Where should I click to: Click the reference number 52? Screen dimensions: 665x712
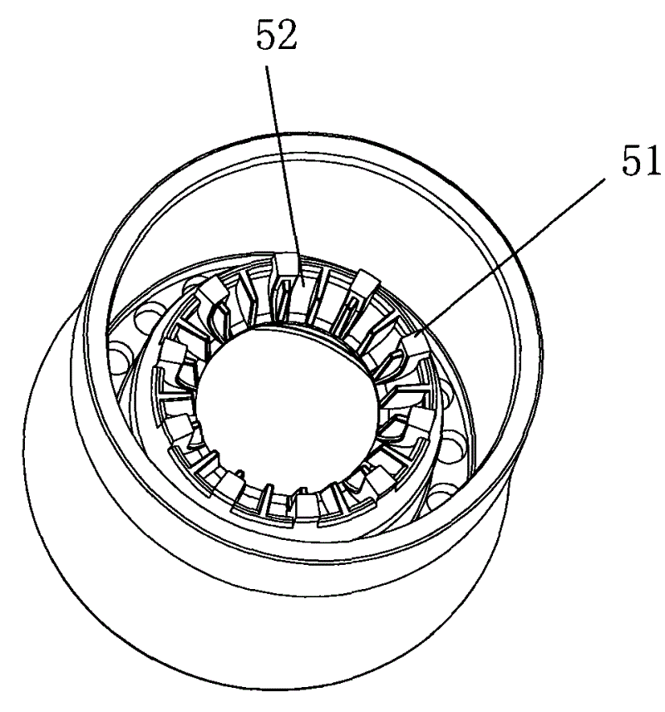(x=277, y=35)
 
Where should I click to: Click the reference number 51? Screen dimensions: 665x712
(x=641, y=162)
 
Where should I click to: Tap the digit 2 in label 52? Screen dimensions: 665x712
(x=288, y=35)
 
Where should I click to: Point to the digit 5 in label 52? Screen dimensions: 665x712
(x=266, y=35)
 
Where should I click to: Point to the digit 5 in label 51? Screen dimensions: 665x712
(x=632, y=162)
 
